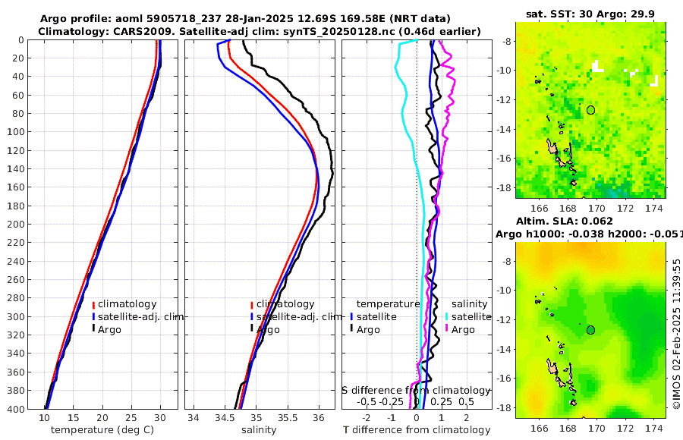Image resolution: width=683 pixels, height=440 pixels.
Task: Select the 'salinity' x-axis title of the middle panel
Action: pos(259,430)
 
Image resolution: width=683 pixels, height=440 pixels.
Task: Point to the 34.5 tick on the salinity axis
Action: pos(225,417)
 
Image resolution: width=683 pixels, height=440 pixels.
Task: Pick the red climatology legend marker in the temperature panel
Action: pos(93,304)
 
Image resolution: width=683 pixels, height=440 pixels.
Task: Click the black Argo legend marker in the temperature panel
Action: pos(93,329)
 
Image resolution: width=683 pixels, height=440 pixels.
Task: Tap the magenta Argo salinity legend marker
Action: pos(448,329)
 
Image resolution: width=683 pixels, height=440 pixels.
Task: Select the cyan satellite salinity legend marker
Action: pos(448,316)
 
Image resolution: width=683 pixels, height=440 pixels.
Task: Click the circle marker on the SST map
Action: pos(591,110)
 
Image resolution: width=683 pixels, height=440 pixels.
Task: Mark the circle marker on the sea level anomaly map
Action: pos(591,329)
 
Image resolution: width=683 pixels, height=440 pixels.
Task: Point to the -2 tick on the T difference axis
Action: pos(367,417)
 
